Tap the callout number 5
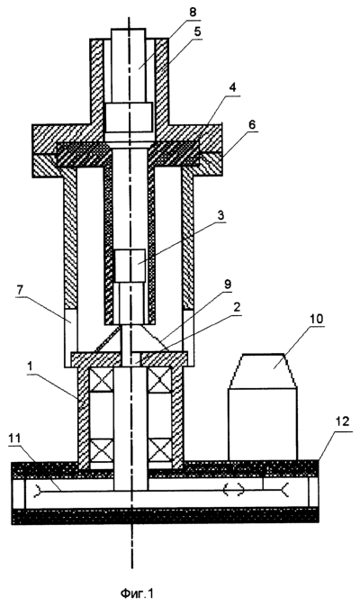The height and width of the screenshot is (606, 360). coord(198,32)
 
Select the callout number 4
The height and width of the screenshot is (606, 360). coord(232,88)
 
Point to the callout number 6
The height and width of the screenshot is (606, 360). coord(252,125)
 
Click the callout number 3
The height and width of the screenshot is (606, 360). coord(221,215)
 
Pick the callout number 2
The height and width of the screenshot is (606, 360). coord(238,308)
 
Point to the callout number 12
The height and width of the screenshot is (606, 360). coord(341,421)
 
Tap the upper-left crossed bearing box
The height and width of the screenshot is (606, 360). coord(101,380)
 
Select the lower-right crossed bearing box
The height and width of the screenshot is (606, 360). coord(160,451)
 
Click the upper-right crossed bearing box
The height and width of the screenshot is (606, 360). coord(160,380)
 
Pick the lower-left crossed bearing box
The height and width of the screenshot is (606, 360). coord(101,451)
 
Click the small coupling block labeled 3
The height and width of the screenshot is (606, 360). coord(130,266)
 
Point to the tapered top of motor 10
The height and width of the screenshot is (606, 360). coord(263,371)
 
